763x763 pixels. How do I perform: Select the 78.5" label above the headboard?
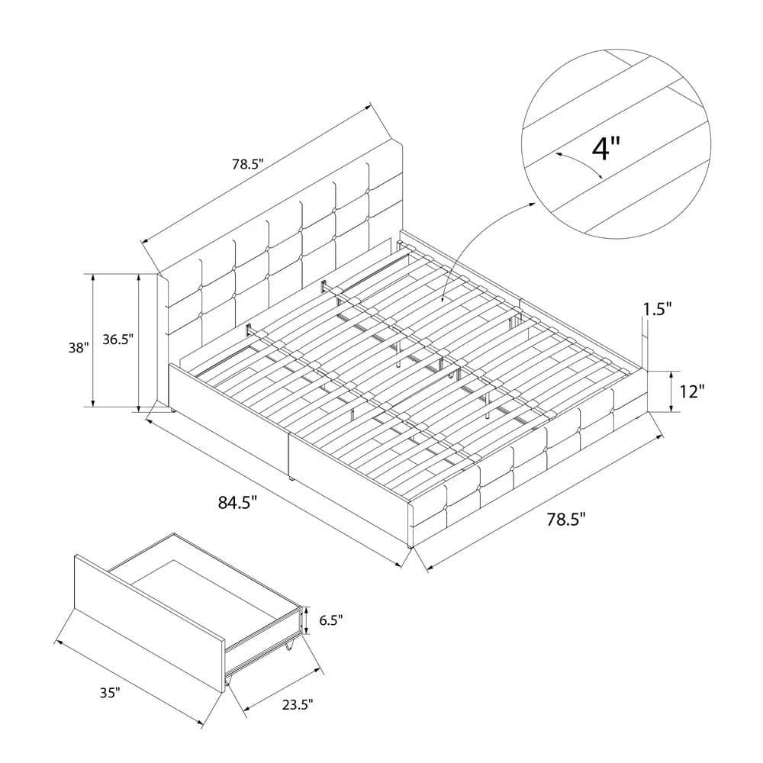[x=247, y=164]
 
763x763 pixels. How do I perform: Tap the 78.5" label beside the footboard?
[x=565, y=520]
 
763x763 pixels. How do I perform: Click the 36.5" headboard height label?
[x=118, y=341]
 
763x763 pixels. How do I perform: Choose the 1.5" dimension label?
[x=657, y=309]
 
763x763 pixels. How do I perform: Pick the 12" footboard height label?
[x=691, y=391]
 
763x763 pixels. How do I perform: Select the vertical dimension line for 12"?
[x=672, y=392]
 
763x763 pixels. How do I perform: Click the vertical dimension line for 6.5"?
[x=306, y=620]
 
